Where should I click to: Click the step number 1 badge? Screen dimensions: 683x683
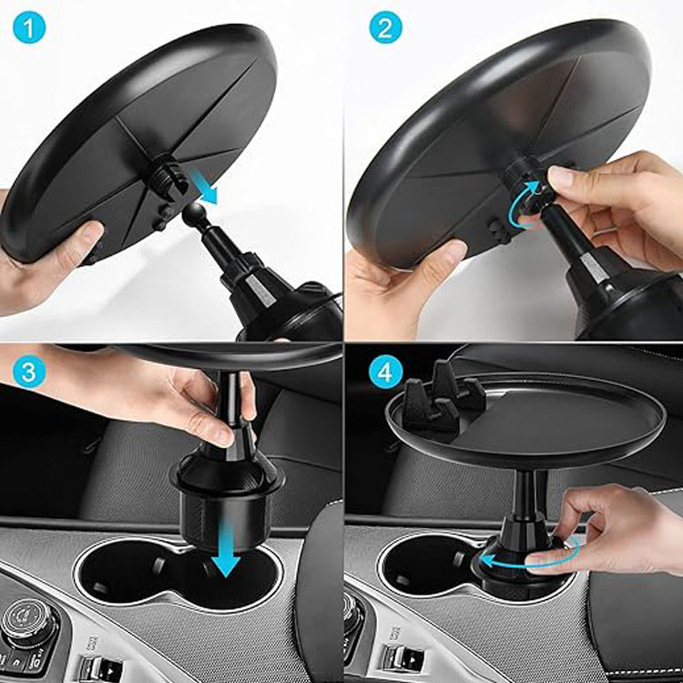[29, 27]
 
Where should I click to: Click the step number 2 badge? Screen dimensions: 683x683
[385, 27]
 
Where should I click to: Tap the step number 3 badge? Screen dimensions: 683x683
[29, 372]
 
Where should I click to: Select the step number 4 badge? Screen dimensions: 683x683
[385, 372]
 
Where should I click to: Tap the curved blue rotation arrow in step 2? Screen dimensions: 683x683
[524, 206]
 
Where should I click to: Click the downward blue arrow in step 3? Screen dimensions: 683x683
[226, 550]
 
